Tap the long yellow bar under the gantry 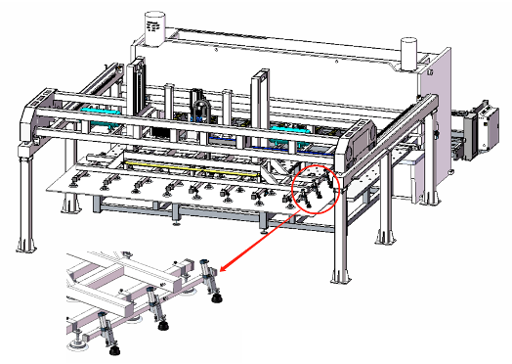(195, 165)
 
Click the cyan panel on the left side (97, 113)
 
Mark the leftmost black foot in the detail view (114, 347)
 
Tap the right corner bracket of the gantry (363, 138)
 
